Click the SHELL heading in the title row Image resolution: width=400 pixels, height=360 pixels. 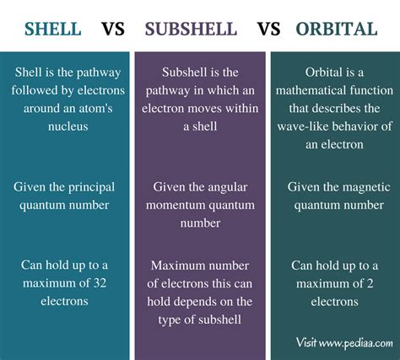click(53, 30)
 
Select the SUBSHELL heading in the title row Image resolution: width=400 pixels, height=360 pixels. click(191, 30)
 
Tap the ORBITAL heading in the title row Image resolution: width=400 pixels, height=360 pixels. click(337, 30)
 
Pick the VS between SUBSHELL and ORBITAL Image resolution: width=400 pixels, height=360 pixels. click(268, 30)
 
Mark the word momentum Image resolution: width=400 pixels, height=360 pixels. click(177, 205)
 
